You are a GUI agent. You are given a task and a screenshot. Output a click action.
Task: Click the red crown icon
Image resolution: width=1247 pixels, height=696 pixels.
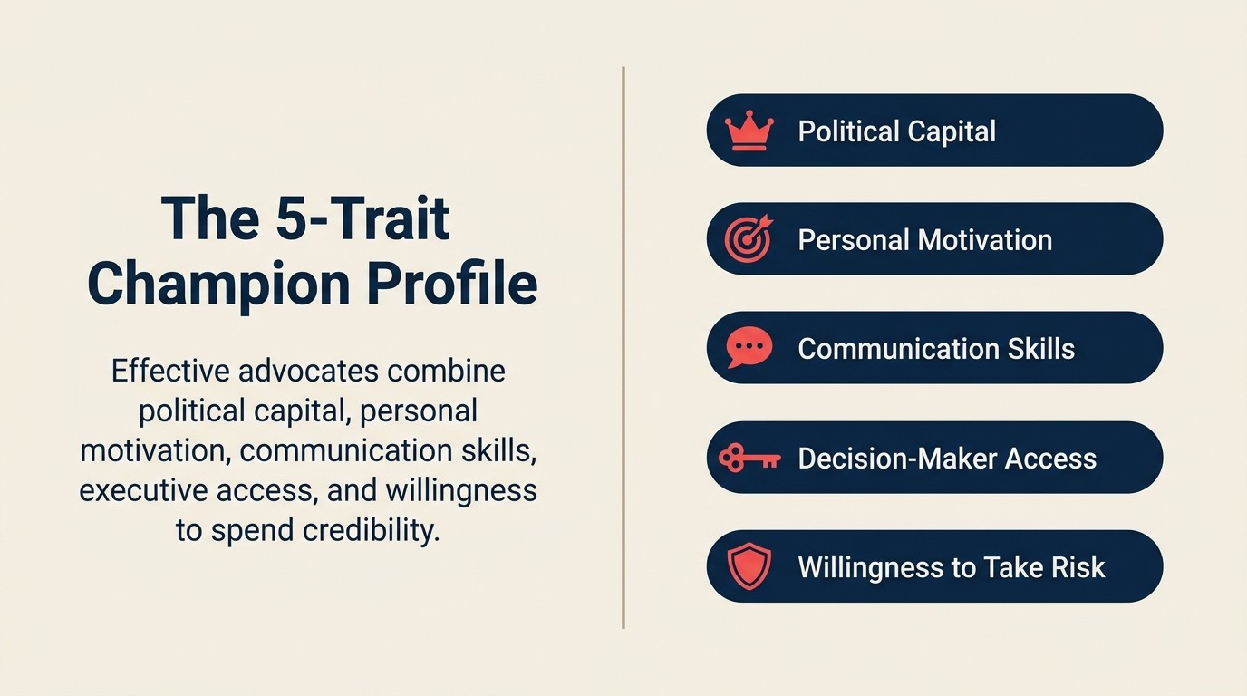tap(749, 132)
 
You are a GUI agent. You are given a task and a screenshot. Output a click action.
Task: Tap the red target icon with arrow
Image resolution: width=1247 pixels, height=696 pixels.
tap(749, 240)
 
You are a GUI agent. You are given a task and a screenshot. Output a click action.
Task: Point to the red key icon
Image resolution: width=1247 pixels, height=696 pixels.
tap(749, 459)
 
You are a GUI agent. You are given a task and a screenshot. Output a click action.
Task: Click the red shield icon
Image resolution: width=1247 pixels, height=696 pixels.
tap(749, 567)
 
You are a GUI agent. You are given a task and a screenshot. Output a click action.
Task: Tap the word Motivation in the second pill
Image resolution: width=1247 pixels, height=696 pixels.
tap(985, 240)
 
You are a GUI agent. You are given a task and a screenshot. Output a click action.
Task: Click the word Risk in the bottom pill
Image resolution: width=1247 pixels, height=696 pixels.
tap(1078, 567)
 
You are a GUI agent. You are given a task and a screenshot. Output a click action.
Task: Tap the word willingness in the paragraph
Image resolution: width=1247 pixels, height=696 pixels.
tap(461, 490)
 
